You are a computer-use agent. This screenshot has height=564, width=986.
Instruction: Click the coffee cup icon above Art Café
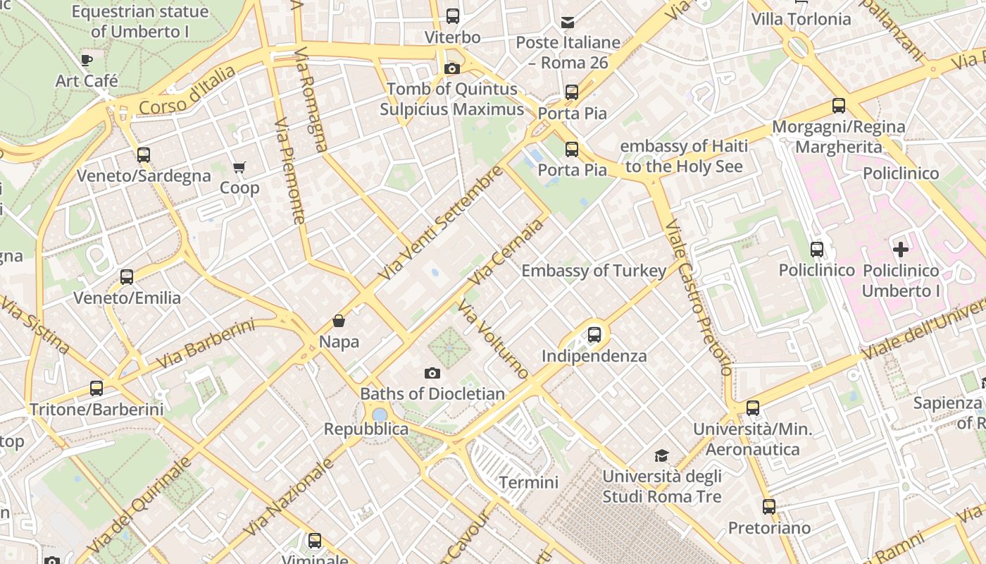click(87, 60)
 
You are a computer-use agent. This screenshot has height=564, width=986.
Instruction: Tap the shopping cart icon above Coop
click(239, 167)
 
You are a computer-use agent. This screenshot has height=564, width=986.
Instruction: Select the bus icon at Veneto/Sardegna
click(144, 154)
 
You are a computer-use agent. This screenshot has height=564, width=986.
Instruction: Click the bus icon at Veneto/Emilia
click(127, 276)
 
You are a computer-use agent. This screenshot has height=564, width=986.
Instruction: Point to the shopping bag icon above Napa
click(339, 321)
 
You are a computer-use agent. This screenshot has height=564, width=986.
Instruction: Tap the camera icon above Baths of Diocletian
click(432, 373)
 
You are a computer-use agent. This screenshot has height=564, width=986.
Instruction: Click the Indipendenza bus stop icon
click(594, 334)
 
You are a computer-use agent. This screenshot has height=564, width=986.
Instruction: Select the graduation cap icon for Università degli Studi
click(661, 455)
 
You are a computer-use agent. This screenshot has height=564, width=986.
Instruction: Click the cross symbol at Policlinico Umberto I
click(901, 249)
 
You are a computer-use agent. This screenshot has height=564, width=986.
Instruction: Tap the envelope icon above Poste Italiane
click(568, 22)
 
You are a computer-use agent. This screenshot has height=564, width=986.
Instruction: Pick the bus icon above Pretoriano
click(768, 506)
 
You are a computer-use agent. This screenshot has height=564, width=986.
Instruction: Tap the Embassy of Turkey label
click(593, 271)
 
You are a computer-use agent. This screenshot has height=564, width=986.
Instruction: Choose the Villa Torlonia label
click(801, 19)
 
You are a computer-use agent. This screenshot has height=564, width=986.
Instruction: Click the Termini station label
click(528, 483)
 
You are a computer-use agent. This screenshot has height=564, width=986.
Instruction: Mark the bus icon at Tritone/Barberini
click(96, 388)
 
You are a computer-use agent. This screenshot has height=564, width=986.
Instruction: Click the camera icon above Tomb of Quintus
click(451, 68)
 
